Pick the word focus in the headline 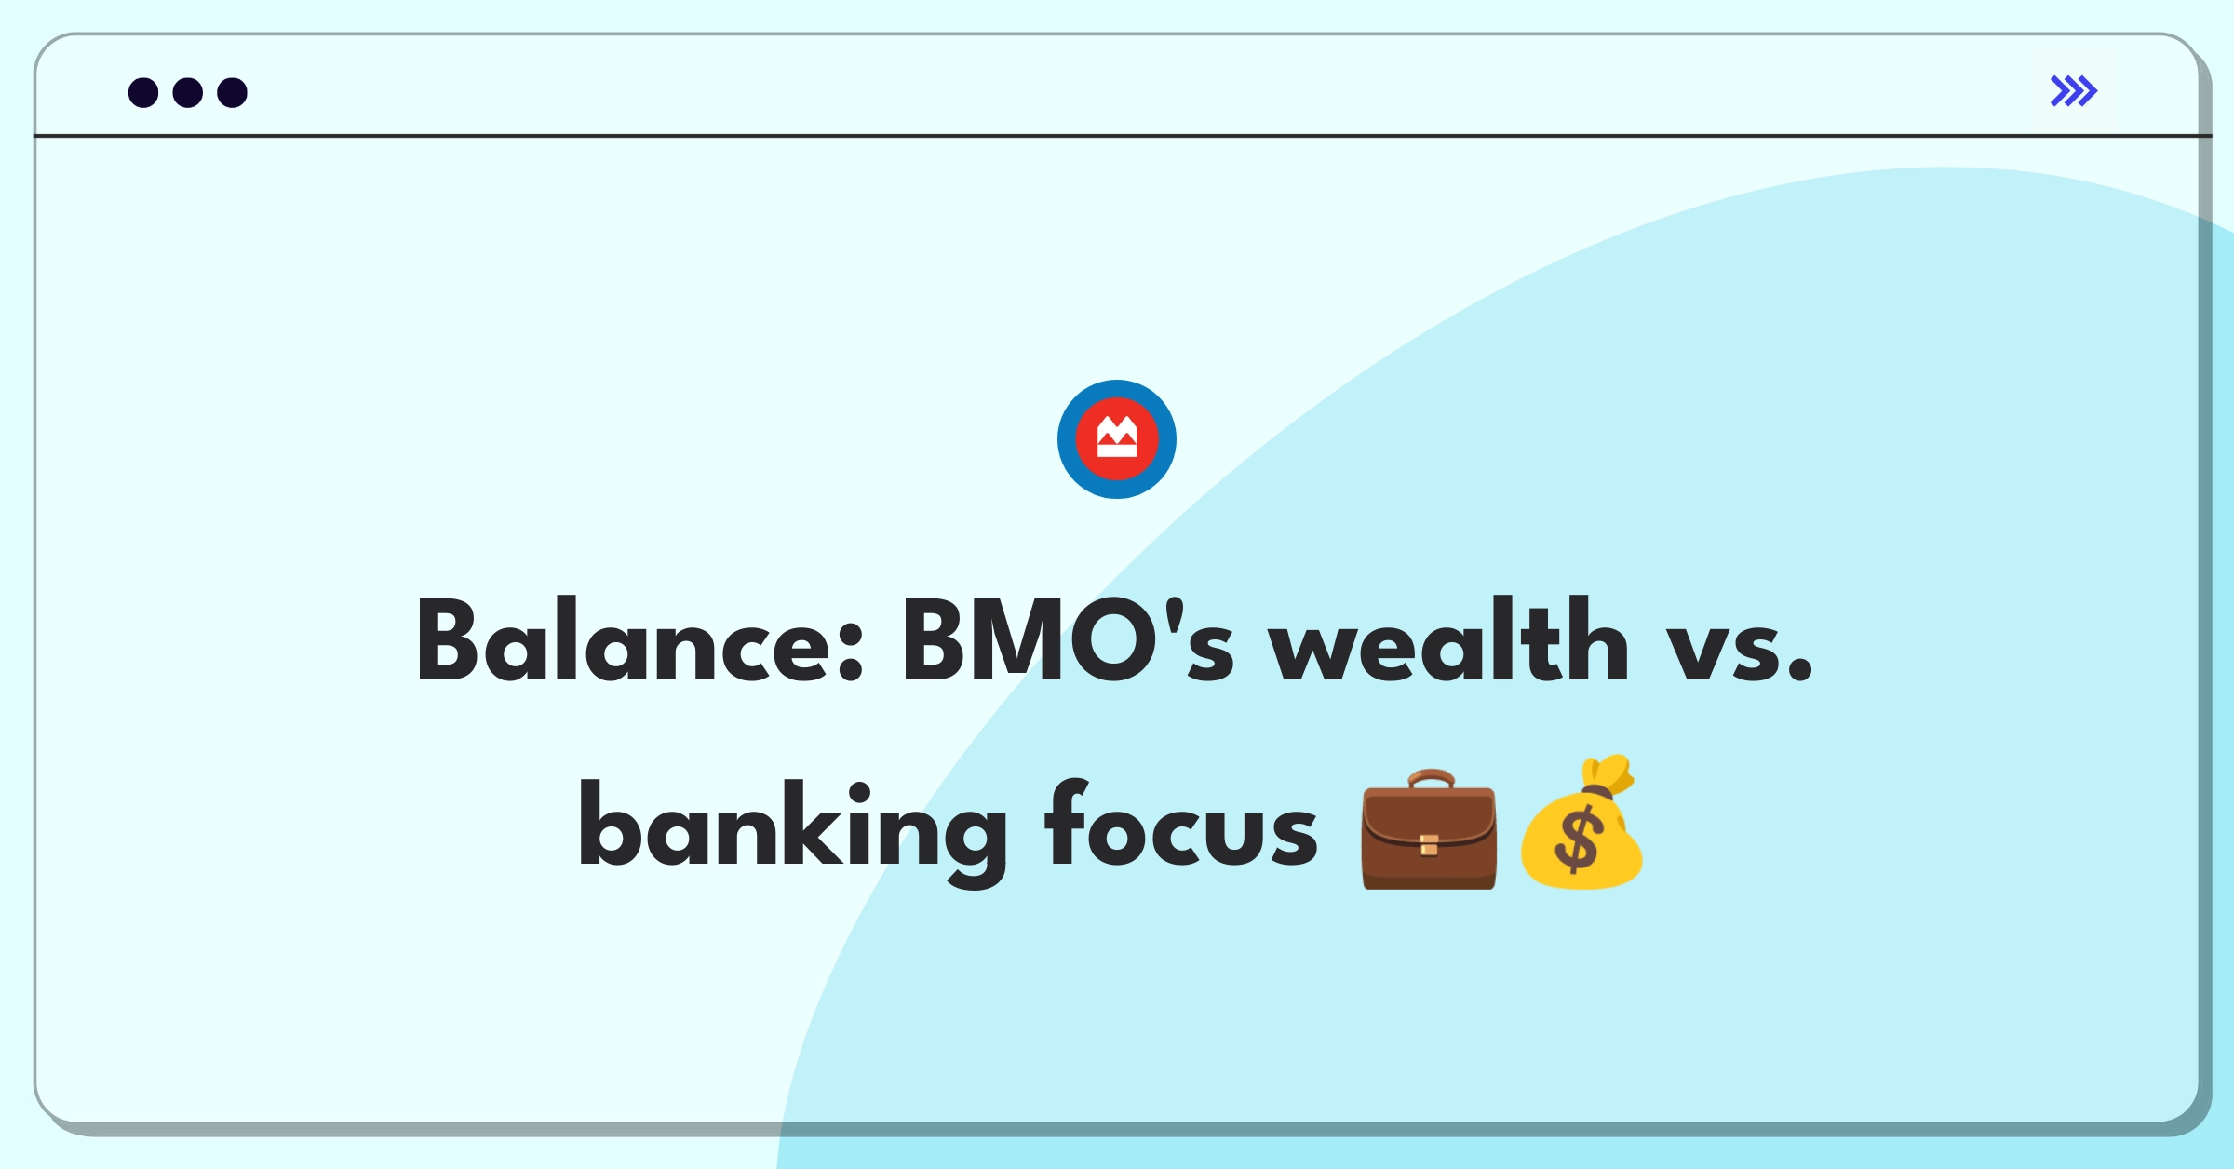(x=1181, y=823)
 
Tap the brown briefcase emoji (x=1429, y=829)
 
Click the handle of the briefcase (x=1431, y=779)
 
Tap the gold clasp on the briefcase (x=1429, y=845)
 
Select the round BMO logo (x=1117, y=439)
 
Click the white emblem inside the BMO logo (x=1117, y=437)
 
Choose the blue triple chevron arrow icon (x=2074, y=91)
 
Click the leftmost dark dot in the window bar (x=143, y=92)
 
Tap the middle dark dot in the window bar (x=188, y=92)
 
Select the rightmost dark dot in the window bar (x=233, y=92)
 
